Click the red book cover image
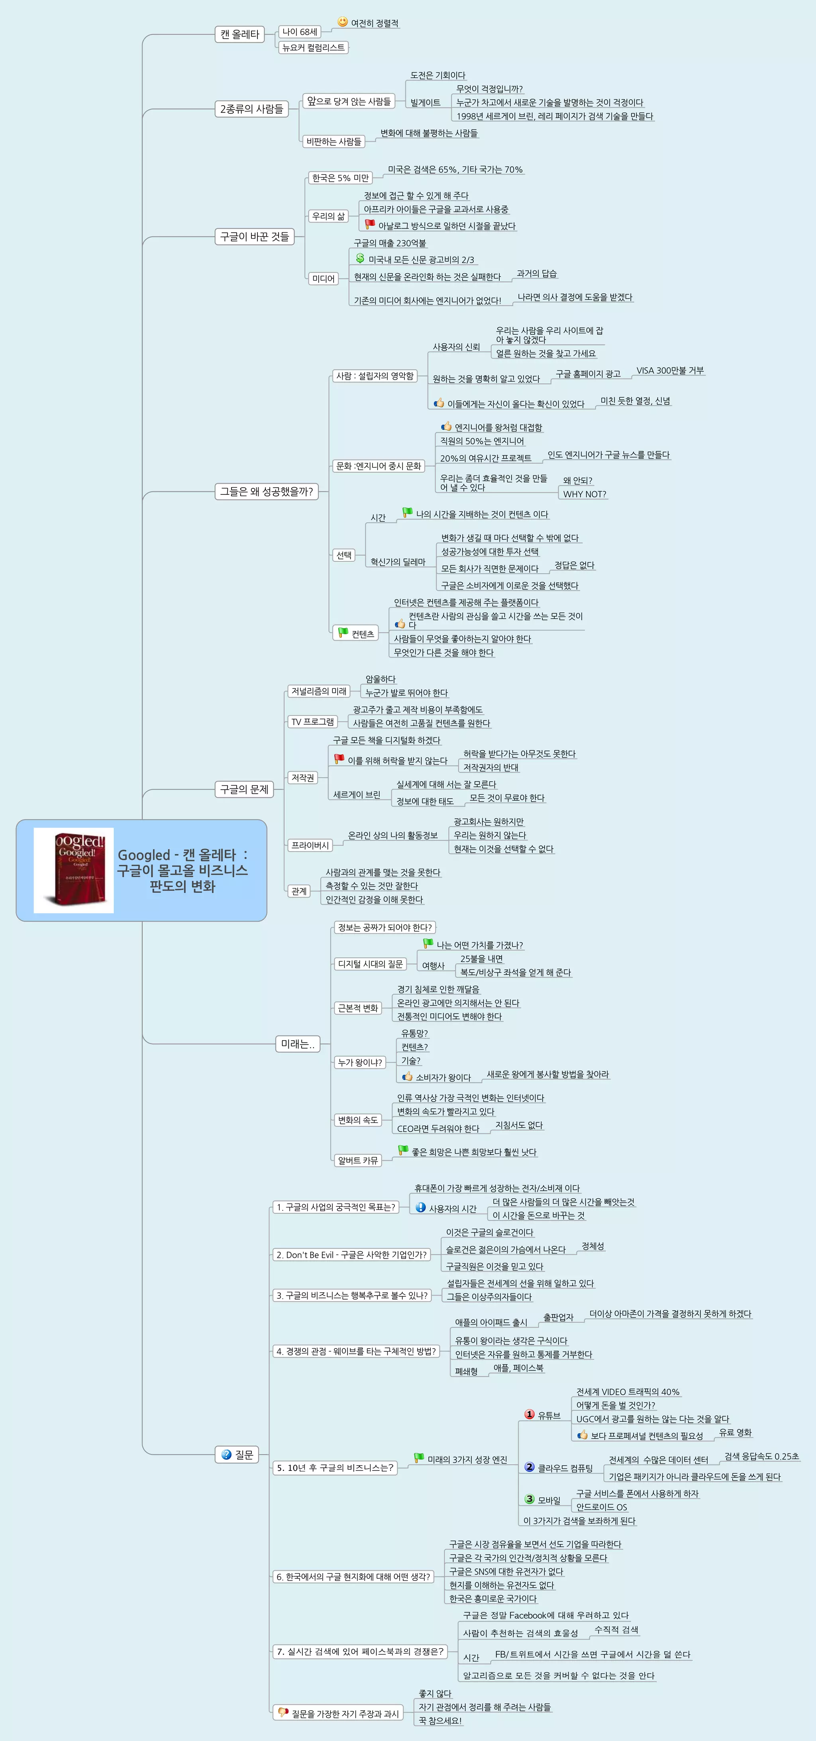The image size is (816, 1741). tap(75, 870)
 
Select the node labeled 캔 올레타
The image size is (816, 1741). tap(239, 34)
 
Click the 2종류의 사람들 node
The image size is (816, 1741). tap(251, 109)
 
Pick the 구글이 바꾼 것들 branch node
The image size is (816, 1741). tap(254, 237)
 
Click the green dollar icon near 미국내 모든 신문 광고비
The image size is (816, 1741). tap(360, 258)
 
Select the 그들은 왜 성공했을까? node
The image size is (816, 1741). tap(267, 491)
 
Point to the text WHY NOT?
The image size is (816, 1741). tap(584, 494)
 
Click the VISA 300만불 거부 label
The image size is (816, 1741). tap(670, 371)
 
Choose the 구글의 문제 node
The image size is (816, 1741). tap(244, 789)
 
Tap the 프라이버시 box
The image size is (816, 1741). tap(310, 845)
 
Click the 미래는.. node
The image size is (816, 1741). tap(298, 1043)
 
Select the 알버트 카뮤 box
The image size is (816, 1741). tap(358, 1161)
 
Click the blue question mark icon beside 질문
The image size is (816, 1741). tap(226, 1455)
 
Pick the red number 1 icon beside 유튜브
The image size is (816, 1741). tap(530, 1414)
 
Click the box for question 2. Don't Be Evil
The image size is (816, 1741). tap(351, 1255)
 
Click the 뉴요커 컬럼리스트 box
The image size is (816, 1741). tap(313, 47)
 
